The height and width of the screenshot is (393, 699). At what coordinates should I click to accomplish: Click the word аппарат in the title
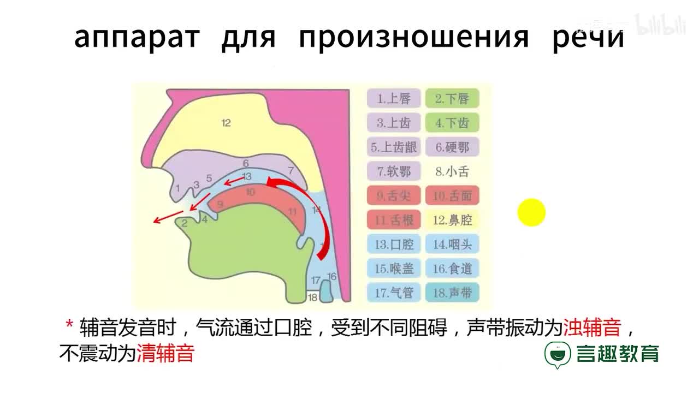coord(137,37)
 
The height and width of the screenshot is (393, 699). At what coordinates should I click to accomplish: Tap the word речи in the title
coord(588,37)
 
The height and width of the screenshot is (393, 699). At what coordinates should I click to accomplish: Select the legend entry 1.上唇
coord(393,99)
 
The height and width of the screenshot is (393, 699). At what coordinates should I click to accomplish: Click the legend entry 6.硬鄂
coord(451,147)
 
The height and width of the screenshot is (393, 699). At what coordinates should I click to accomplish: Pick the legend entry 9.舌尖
coord(393,195)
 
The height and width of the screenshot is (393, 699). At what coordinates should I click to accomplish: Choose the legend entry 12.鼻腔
coord(452,220)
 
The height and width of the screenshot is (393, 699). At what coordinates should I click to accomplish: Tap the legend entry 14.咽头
coord(452,244)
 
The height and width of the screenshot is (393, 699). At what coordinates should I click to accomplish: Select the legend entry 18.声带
coord(452,293)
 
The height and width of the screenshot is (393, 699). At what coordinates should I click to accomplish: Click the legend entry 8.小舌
coord(452,171)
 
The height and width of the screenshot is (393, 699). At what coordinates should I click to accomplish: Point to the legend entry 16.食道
coord(452,268)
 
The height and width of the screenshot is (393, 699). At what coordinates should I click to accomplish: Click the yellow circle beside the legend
coord(531,212)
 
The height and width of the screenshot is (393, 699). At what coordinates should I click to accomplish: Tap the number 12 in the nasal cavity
coord(226,123)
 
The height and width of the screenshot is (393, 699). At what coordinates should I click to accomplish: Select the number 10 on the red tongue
coord(250,192)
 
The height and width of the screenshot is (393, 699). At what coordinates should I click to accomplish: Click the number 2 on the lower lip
coord(185,223)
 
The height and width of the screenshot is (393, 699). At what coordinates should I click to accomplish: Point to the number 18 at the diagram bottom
coord(312,297)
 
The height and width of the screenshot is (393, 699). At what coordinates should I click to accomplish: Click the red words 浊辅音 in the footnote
coord(592,328)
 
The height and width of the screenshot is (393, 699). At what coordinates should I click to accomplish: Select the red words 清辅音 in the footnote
coord(165,354)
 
